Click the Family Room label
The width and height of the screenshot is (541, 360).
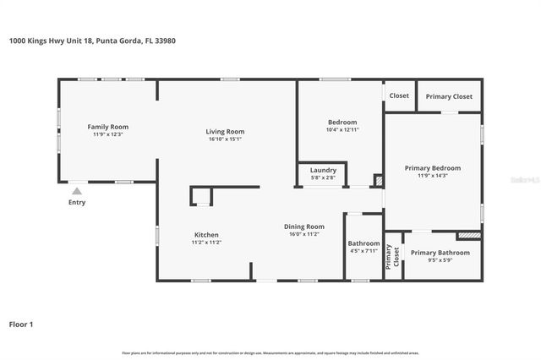pyautogui.click(x=107, y=127)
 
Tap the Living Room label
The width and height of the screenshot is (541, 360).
pyautogui.click(x=225, y=131)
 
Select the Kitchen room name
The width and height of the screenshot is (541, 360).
pyautogui.click(x=206, y=234)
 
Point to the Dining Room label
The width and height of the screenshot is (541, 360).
pyautogui.click(x=303, y=226)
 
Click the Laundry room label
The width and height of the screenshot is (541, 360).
pyautogui.click(x=323, y=170)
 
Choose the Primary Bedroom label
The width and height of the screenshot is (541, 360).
pyautogui.click(x=432, y=167)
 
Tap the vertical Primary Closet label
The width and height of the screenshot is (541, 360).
pyautogui.click(x=393, y=256)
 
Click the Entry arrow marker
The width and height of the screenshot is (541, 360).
pyautogui.click(x=76, y=191)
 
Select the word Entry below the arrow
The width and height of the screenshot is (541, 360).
pyautogui.click(x=76, y=203)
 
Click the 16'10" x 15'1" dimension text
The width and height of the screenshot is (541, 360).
pyautogui.click(x=225, y=139)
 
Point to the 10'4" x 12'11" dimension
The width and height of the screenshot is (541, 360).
pyautogui.click(x=342, y=130)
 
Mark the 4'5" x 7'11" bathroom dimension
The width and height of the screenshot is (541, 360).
pyautogui.click(x=364, y=251)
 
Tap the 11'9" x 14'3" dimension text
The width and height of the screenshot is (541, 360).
pyautogui.click(x=432, y=176)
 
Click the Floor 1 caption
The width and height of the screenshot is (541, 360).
pyautogui.click(x=21, y=324)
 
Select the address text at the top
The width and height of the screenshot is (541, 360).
pyautogui.click(x=92, y=40)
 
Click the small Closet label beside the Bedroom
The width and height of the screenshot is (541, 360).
pyautogui.click(x=399, y=95)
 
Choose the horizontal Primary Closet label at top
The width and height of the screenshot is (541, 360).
pyautogui.click(x=449, y=96)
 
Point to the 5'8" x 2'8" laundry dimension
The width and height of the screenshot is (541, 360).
pyautogui.click(x=323, y=177)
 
